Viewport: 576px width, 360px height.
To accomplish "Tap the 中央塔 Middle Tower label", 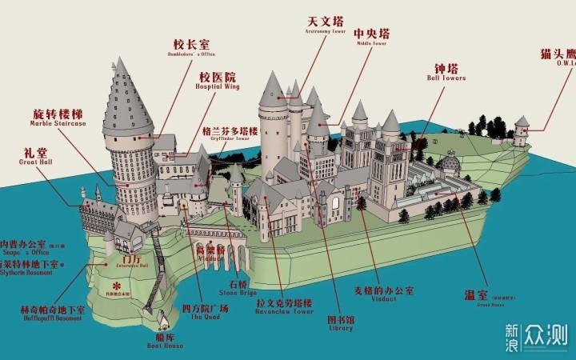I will [373, 37].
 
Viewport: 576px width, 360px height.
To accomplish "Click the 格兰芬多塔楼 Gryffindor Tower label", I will [230, 133].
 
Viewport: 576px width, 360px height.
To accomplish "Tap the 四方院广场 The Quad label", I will [206, 311].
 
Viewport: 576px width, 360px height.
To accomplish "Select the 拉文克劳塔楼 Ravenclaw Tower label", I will [284, 306].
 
